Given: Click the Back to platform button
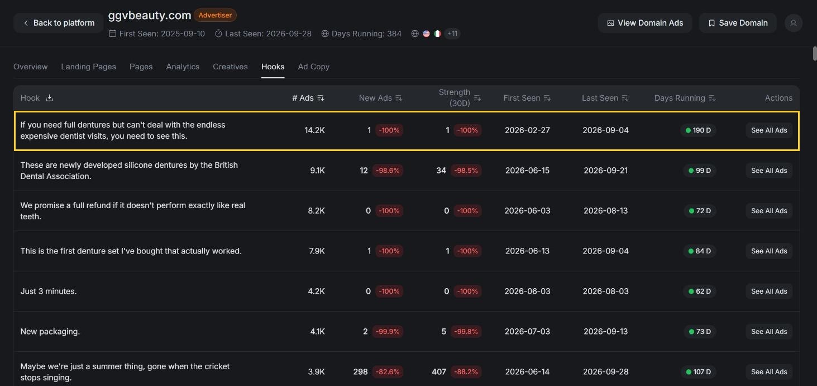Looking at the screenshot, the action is [58, 23].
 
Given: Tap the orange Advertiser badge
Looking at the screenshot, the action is [215, 15].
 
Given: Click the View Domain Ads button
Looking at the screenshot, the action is [645, 23].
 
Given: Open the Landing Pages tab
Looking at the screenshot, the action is [89, 67].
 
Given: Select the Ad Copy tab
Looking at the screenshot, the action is [314, 67].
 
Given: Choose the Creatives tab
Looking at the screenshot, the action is [230, 67].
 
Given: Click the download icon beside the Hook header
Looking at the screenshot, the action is [49, 98].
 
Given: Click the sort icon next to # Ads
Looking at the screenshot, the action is [321, 98].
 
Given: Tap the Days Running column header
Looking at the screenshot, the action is [680, 98].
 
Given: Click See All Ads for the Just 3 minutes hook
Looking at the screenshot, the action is [769, 291].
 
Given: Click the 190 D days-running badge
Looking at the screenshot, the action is [698, 130].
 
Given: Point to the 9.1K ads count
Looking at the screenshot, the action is [317, 170].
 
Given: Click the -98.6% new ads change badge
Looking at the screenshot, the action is [388, 170].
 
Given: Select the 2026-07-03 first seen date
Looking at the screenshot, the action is [527, 332].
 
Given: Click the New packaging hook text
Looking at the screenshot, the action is [50, 332].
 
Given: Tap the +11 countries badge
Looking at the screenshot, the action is [452, 34].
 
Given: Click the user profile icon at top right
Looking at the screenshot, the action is [794, 23].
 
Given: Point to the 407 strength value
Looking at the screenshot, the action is [439, 372].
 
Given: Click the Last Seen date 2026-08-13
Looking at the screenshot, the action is [605, 211].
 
